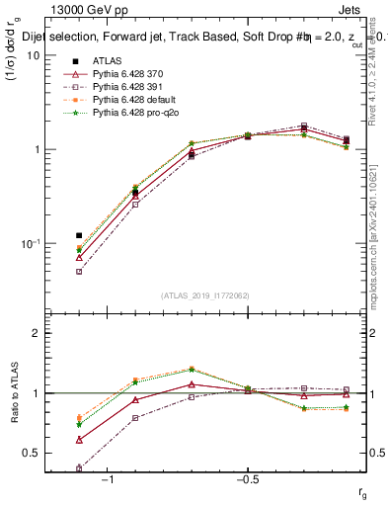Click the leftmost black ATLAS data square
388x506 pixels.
click(79, 236)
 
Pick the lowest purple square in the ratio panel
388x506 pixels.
click(79, 468)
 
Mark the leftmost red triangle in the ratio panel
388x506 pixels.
click(79, 439)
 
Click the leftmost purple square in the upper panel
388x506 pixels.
click(79, 271)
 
